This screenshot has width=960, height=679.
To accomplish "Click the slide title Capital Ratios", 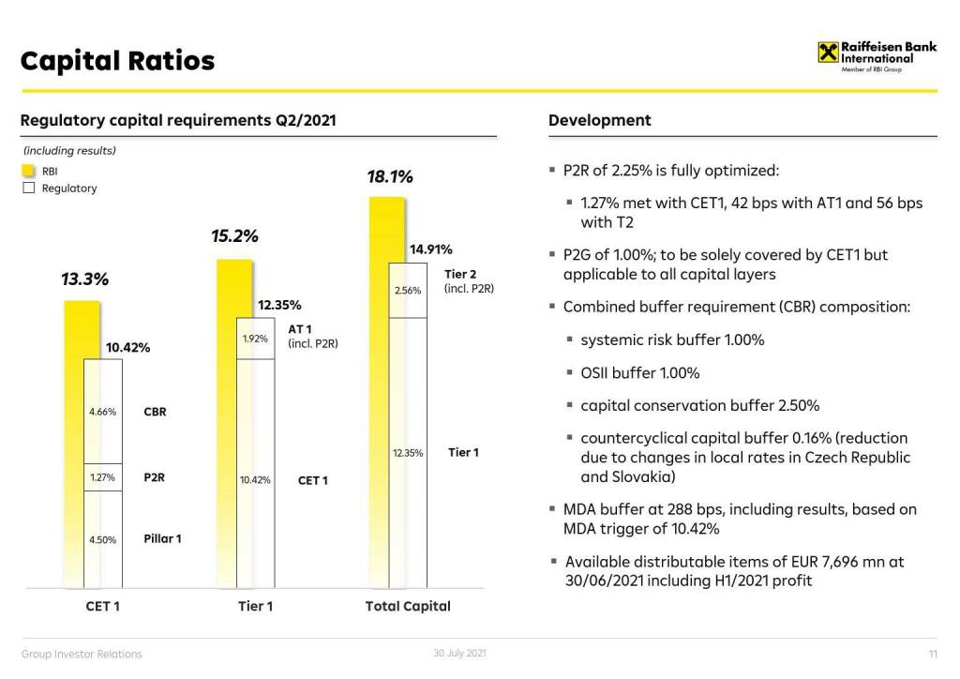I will click(x=117, y=61).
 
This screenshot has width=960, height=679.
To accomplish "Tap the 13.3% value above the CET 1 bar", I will click(x=84, y=279).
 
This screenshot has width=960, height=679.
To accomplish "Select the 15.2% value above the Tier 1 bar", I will click(x=234, y=236).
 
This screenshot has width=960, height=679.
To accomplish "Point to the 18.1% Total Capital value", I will click(x=389, y=177).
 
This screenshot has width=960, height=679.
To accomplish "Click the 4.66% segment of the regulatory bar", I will click(x=102, y=412).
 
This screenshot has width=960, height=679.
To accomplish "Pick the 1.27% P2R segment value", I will click(x=102, y=477).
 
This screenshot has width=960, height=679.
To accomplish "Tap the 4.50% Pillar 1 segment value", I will click(x=102, y=539).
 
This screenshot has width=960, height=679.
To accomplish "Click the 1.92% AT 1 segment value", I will click(x=255, y=339).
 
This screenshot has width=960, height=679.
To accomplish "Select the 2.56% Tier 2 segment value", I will click(x=408, y=291).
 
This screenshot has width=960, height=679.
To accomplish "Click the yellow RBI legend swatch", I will click(x=28, y=172).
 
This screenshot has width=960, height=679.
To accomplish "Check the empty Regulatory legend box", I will click(x=28, y=188).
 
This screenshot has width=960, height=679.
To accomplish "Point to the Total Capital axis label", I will click(x=408, y=607).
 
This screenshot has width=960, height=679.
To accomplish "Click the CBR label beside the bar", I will click(x=155, y=412).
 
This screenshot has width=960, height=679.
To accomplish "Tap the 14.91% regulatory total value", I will click(x=431, y=249).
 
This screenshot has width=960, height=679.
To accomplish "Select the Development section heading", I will click(x=599, y=120).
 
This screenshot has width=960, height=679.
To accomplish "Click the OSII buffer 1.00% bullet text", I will click(x=640, y=373).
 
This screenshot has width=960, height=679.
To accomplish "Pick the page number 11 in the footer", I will click(x=933, y=654).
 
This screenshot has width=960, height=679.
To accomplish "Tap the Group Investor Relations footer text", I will click(x=82, y=654).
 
